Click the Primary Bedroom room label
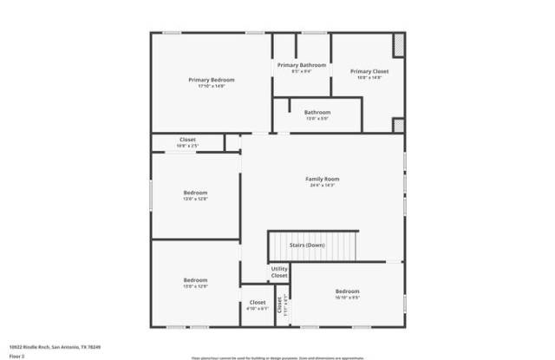[212, 80]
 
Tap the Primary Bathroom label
[302, 65]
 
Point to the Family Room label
[322, 179]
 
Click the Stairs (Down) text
[307, 245]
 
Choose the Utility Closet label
[279, 272]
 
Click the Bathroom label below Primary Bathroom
[317, 112]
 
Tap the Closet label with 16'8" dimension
[187, 140]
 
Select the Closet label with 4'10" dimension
[258, 303]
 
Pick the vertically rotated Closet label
[280, 305]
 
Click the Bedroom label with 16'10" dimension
[348, 291]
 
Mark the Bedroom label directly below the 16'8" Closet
[195, 193]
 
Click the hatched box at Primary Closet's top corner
[399, 43]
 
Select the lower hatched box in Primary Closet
[399, 125]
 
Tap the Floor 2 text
[16, 355]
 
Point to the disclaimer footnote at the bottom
[277, 356]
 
